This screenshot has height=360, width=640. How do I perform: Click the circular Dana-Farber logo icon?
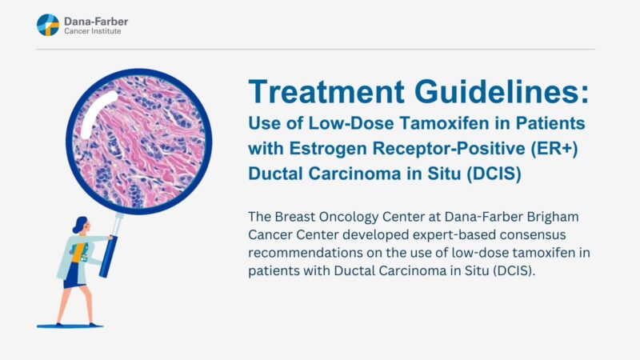coord(48,25)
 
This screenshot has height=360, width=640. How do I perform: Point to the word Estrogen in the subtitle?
coord(324,150)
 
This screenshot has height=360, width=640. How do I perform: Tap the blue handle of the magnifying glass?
coord(109,248)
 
